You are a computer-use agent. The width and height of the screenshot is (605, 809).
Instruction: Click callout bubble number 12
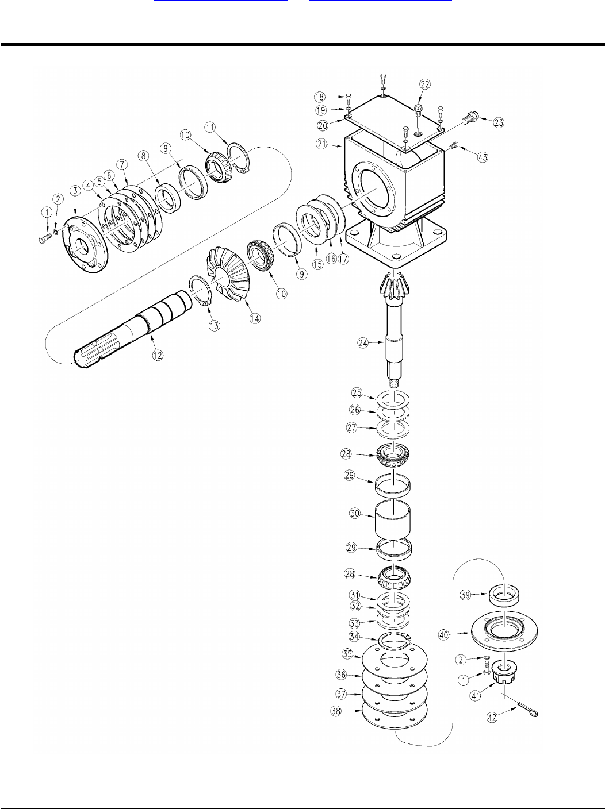(x=157, y=355)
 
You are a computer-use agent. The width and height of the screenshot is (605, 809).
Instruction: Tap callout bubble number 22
(x=424, y=84)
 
